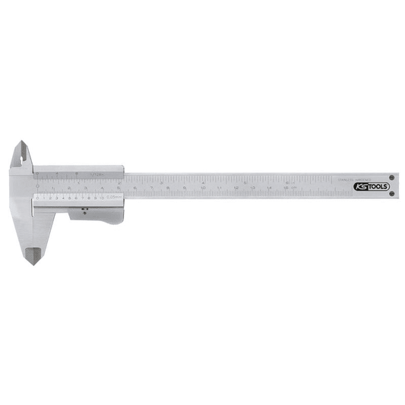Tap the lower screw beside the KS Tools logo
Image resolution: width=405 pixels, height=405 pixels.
[x=391, y=195]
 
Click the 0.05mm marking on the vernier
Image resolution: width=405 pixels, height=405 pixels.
[x=115, y=198]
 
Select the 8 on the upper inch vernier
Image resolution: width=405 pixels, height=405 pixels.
[x=79, y=174]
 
